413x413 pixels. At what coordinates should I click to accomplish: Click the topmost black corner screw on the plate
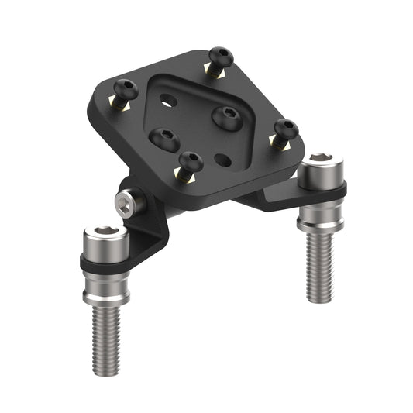point(221,56)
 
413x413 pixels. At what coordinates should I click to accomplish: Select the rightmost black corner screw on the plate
point(286,128)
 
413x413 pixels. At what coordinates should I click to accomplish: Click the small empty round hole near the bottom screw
point(224,160)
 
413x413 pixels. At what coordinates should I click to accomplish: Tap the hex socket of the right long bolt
point(321,163)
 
